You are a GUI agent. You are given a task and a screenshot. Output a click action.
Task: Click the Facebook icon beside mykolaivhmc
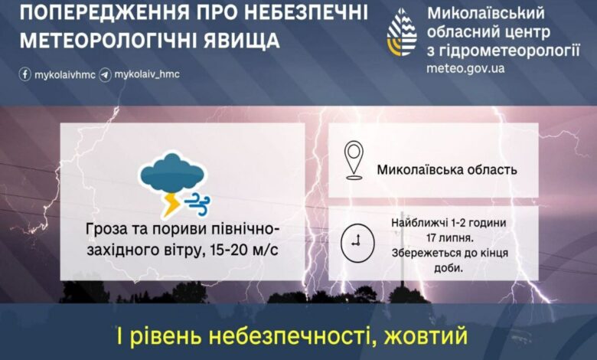(24, 75)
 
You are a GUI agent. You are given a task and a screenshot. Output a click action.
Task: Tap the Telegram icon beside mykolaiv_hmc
(105, 75)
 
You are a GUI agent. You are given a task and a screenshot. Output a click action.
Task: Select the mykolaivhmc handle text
(64, 75)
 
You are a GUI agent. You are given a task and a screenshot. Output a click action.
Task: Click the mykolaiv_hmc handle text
(146, 75)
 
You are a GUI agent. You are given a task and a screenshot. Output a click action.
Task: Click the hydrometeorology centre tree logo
(402, 36)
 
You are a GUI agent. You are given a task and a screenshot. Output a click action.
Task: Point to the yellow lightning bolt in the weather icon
(171, 205)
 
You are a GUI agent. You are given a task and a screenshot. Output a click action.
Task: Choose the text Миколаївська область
(447, 169)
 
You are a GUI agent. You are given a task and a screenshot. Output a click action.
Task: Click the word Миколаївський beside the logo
(485, 14)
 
